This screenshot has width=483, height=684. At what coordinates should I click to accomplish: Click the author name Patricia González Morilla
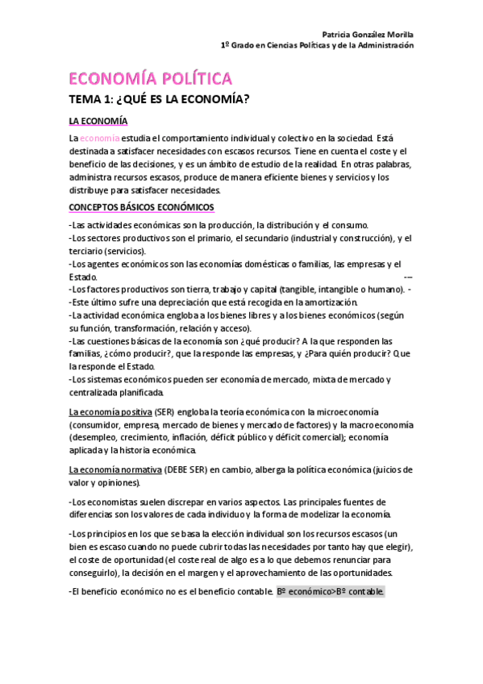(367, 35)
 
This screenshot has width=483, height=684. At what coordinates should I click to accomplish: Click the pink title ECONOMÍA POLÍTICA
(151, 78)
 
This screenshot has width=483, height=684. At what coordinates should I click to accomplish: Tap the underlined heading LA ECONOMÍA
(98, 121)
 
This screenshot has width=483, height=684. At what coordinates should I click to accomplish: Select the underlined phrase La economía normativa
(115, 469)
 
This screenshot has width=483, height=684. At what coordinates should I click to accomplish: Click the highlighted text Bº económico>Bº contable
(331, 592)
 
